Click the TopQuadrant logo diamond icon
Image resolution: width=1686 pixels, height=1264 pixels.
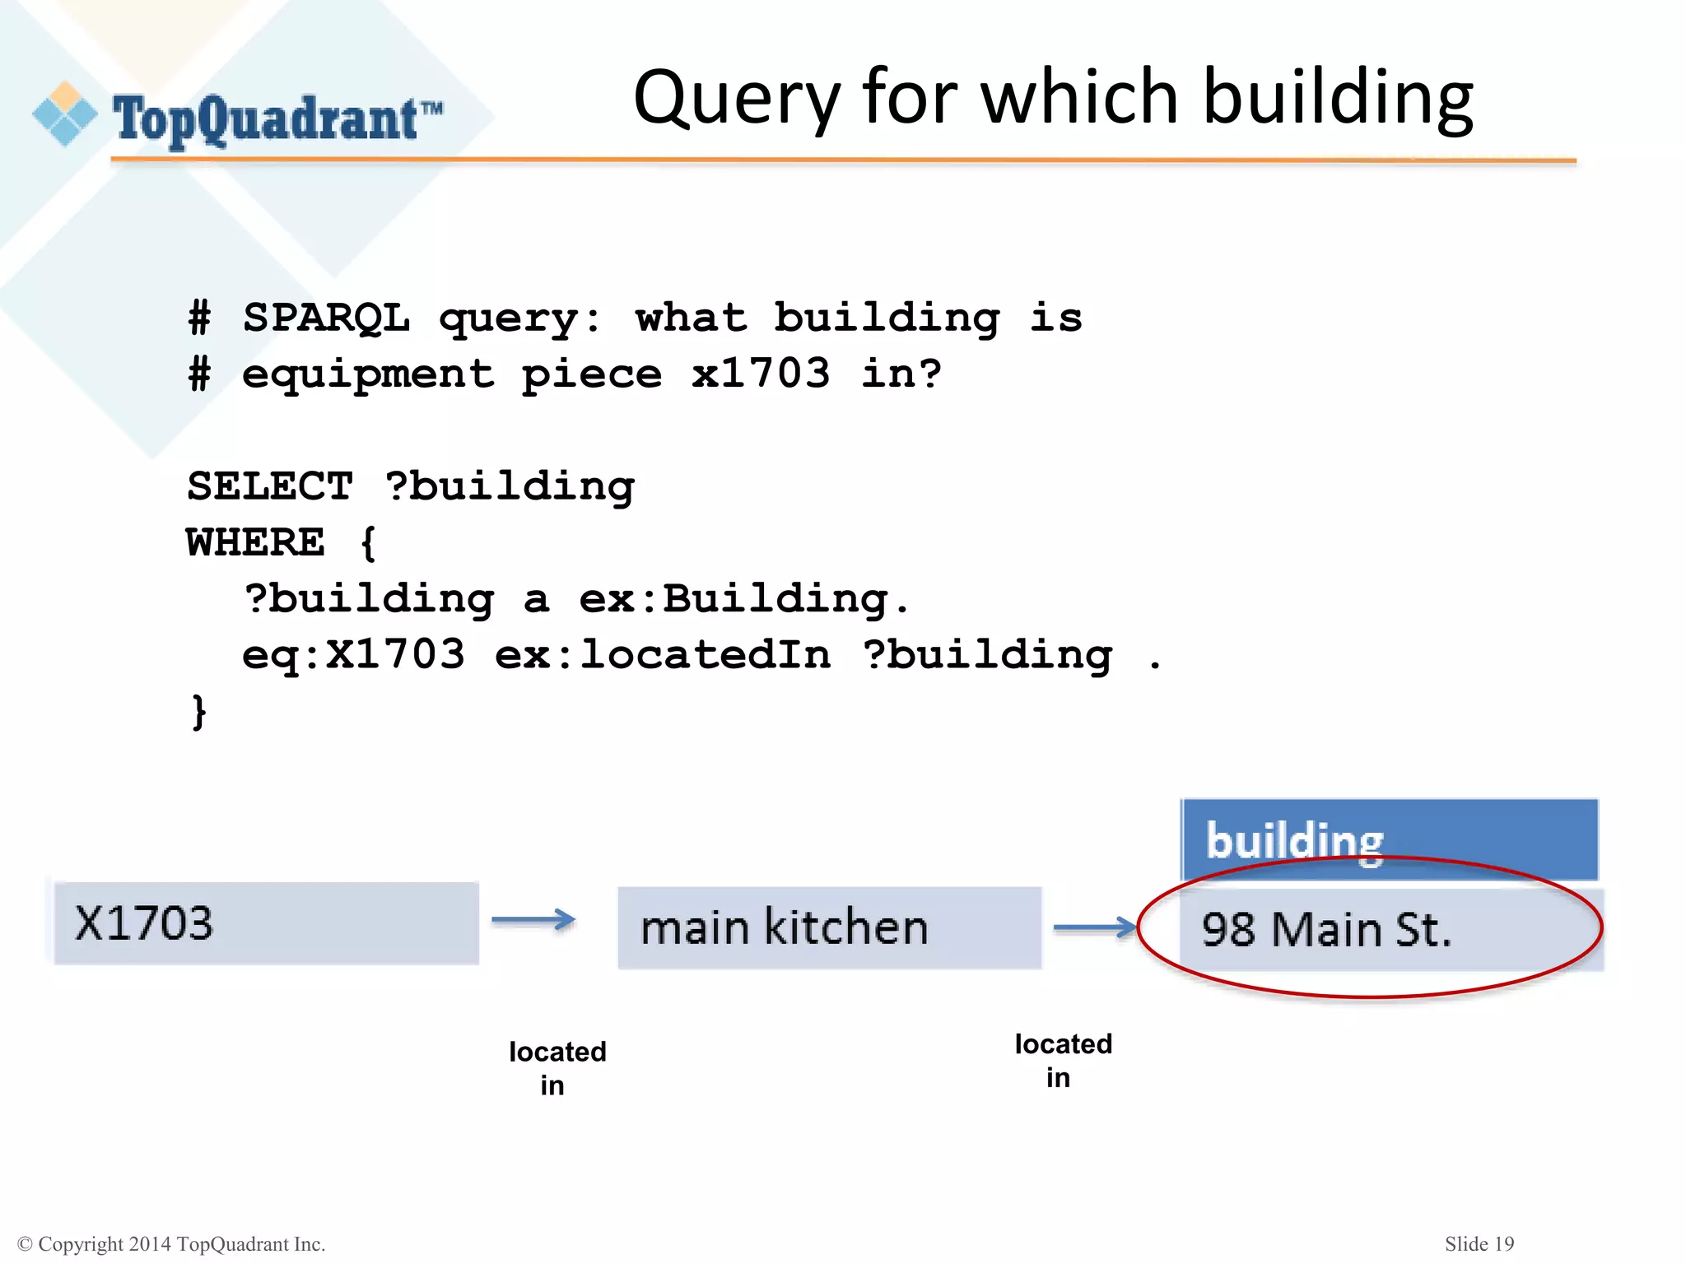(64, 114)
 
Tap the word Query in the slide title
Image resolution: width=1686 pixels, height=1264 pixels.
(736, 99)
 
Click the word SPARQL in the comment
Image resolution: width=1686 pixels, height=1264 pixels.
(326, 318)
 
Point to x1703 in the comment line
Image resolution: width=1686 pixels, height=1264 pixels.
(760, 374)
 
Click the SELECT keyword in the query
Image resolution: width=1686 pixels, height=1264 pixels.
(270, 486)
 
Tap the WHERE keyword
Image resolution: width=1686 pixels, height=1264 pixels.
(256, 543)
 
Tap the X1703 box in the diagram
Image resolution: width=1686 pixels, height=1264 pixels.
(266, 923)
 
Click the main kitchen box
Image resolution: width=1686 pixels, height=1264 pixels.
(829, 928)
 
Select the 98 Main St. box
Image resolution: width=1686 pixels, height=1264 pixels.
(1390, 930)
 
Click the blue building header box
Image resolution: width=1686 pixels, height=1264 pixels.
(1389, 838)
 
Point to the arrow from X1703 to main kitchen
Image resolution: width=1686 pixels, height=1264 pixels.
(533, 920)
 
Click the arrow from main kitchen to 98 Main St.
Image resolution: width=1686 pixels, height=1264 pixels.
(1094, 927)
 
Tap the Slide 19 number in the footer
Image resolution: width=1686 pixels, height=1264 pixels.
(1479, 1243)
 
